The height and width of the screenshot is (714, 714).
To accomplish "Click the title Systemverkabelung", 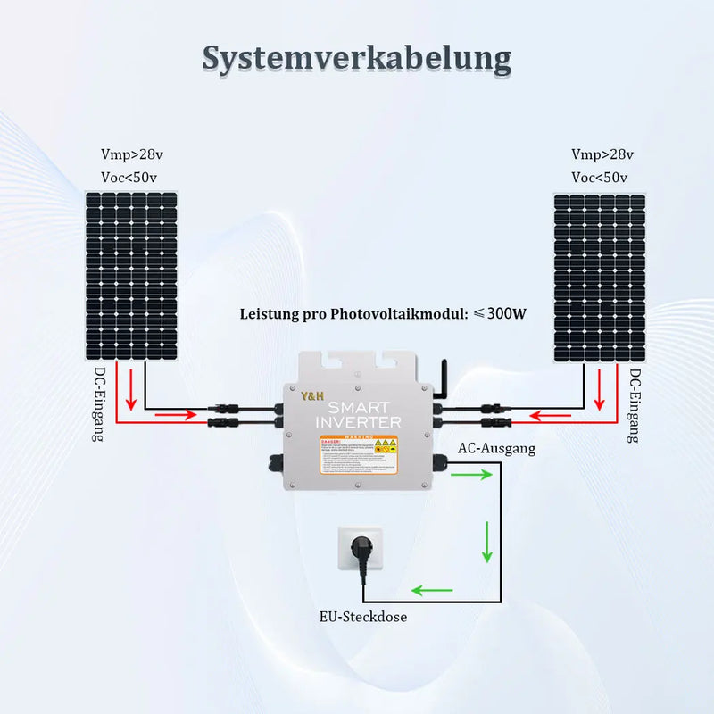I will pyautogui.click(x=356, y=57).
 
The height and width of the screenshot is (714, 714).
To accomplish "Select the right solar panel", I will pyautogui.click(x=599, y=277).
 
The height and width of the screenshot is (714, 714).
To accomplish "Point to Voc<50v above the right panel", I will pyautogui.click(x=599, y=177).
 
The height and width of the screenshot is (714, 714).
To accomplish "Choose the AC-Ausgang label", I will pyautogui.click(x=496, y=449).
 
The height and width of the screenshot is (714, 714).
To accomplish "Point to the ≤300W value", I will pyautogui.click(x=500, y=314).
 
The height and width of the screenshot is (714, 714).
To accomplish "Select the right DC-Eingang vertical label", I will pyautogui.click(x=635, y=405).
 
